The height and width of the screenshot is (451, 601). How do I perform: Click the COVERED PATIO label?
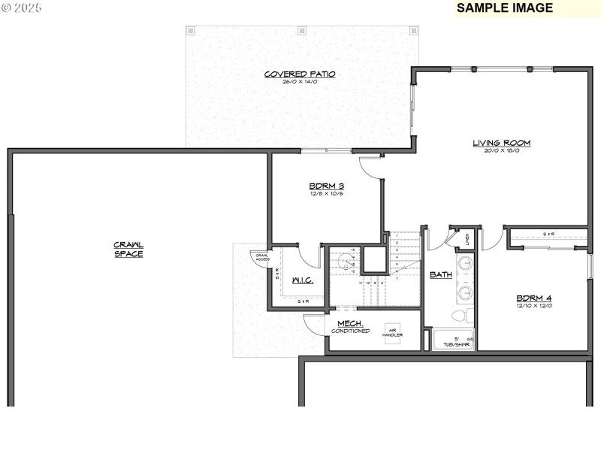click(x=299, y=74)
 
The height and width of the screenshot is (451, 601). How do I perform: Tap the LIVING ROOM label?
click(x=502, y=142)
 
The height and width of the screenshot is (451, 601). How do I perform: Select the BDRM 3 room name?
click(x=326, y=186)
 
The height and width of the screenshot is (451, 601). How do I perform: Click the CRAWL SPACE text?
click(x=128, y=249)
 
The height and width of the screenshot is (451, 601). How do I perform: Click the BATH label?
click(x=440, y=275)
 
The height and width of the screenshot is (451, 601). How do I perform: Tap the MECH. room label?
click(x=351, y=323)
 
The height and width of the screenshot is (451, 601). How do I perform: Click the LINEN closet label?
click(x=467, y=240)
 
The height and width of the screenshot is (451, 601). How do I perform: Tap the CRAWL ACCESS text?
click(x=261, y=257)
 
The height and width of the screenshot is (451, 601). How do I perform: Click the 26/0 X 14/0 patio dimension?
click(x=299, y=81)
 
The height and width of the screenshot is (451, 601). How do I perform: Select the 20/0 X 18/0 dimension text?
click(x=502, y=150)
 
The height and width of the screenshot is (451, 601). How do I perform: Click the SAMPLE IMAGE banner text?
click(x=504, y=8)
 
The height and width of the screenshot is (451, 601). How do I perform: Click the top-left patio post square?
click(x=191, y=31)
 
